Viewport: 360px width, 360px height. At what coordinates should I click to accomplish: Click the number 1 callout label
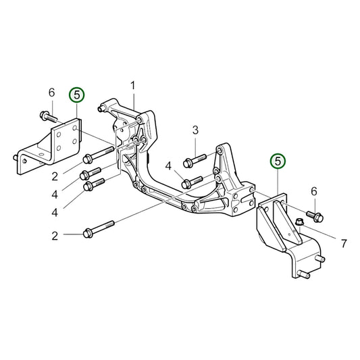(133, 85)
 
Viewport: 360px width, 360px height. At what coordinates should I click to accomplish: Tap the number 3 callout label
(195, 129)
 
